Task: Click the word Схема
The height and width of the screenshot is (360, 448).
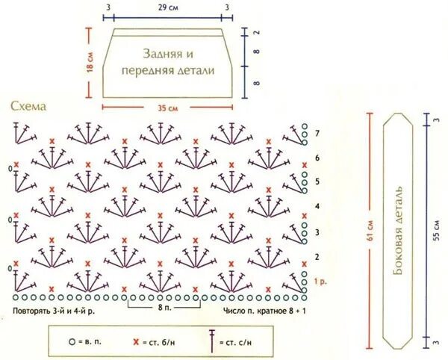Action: click(29, 107)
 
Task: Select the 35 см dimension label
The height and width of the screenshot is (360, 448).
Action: click(167, 108)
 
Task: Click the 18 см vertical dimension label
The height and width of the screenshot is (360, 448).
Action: click(91, 63)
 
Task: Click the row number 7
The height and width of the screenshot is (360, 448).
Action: click(317, 133)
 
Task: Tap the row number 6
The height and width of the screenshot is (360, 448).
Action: click(317, 158)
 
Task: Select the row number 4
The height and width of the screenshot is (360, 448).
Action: click(317, 206)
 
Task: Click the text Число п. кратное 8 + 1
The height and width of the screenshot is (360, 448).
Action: click(265, 308)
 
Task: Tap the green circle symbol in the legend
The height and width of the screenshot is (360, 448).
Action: click(72, 341)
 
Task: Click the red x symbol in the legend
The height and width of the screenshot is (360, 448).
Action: click(136, 341)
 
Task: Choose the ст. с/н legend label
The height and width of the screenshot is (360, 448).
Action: click(238, 342)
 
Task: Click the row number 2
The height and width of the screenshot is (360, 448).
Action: click(317, 256)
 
